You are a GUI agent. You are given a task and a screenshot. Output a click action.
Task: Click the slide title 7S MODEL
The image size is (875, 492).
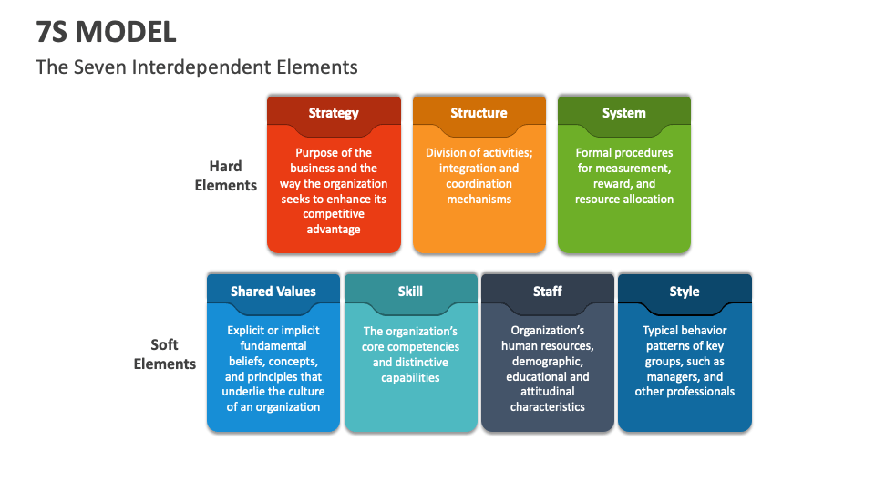(106, 31)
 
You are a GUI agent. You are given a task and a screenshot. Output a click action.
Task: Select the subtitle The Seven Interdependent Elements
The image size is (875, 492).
(196, 67)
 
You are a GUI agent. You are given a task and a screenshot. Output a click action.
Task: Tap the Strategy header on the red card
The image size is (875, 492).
(334, 113)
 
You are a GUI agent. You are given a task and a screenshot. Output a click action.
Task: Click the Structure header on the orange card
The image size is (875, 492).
(479, 113)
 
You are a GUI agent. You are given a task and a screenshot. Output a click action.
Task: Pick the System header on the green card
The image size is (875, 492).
(623, 113)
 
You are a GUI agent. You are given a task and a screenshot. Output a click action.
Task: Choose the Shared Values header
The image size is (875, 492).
(273, 292)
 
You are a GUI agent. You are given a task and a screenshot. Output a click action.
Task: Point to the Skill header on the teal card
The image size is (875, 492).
(410, 292)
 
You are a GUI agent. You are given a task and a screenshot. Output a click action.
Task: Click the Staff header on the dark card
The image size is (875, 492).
(547, 292)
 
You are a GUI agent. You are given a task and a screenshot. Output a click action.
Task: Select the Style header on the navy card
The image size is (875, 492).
(685, 292)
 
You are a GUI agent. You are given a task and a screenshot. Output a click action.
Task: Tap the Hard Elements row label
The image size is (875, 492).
(226, 175)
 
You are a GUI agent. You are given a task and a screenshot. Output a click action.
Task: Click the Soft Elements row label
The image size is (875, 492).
(165, 354)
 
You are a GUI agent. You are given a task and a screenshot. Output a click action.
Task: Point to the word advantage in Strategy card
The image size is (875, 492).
(334, 230)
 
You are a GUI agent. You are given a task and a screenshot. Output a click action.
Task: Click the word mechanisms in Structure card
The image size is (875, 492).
(479, 199)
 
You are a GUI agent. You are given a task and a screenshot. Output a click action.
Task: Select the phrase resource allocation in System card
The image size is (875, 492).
(624, 199)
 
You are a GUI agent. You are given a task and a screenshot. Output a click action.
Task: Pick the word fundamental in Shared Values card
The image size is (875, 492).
(273, 346)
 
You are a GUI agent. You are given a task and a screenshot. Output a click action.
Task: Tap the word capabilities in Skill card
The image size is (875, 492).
(410, 377)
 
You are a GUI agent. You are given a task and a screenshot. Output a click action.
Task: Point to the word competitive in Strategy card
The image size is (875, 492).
(334, 214)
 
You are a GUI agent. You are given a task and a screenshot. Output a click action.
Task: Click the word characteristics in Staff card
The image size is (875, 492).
(547, 407)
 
